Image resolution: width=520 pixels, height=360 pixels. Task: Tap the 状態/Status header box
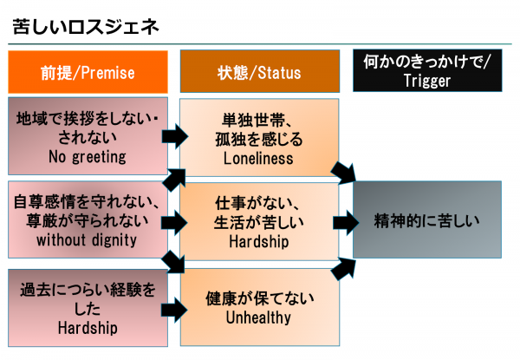259,73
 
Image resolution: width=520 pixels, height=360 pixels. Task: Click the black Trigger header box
427,72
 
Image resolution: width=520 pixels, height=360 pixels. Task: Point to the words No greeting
88,157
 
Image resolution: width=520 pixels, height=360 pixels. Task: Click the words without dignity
87,240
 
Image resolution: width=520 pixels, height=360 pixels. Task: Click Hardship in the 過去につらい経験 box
87,329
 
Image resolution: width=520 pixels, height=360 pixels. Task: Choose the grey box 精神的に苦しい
426,219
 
